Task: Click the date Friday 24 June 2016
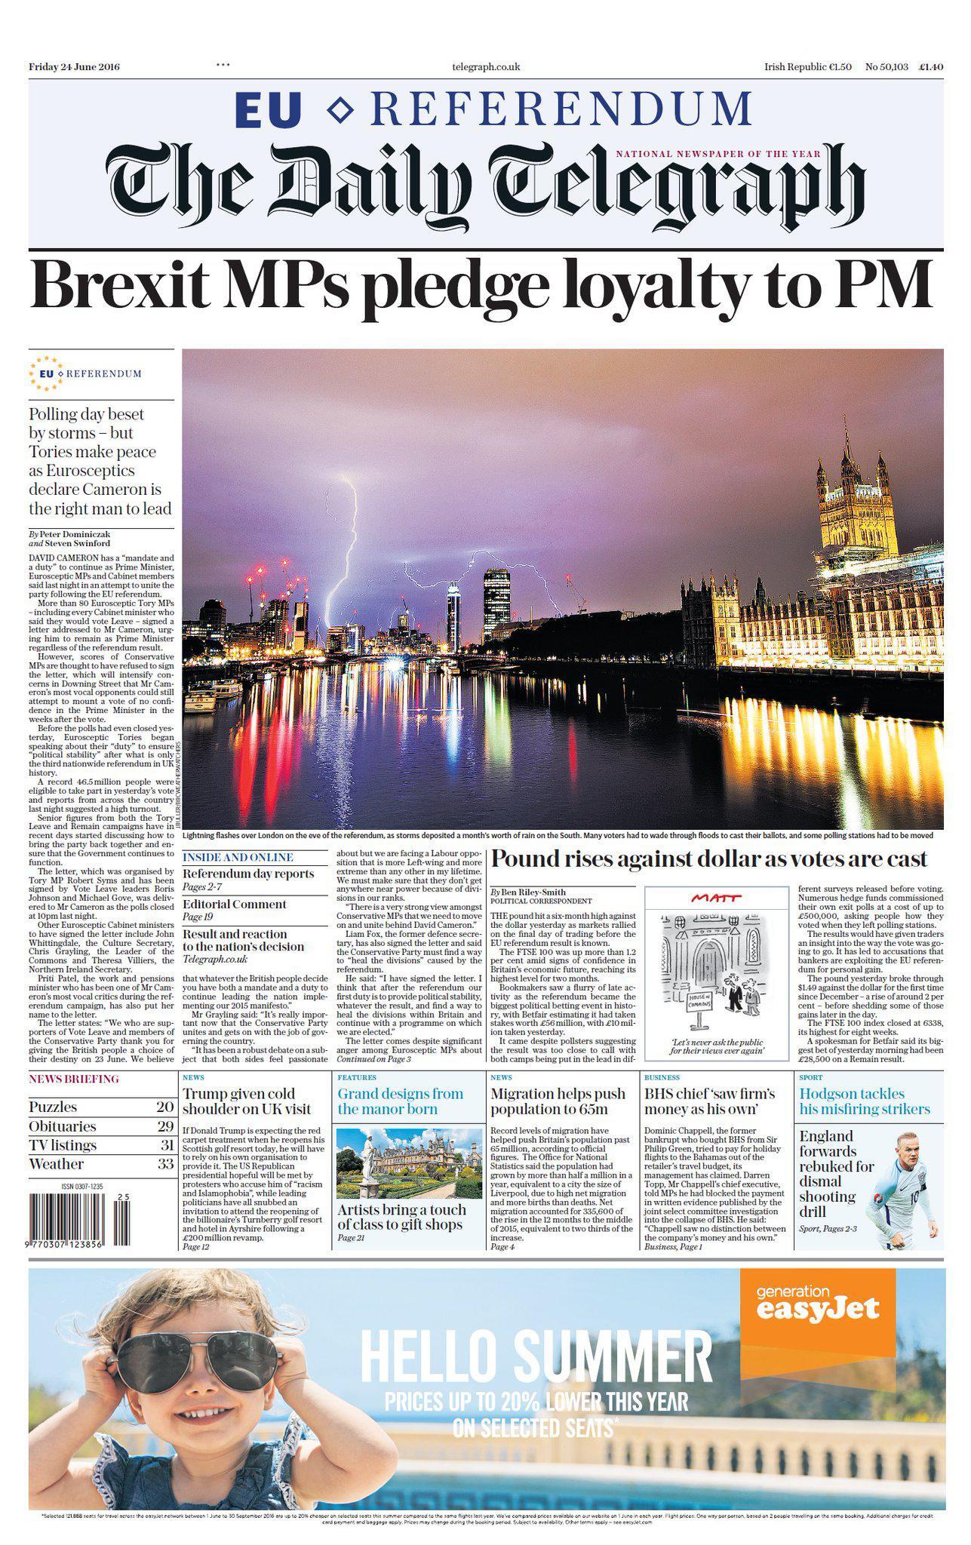point(74,66)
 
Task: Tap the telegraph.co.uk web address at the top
point(486,66)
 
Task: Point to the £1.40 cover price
point(931,66)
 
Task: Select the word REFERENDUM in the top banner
point(561,109)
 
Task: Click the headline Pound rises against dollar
point(709,859)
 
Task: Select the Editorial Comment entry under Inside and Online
point(235,904)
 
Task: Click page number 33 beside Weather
point(165,1164)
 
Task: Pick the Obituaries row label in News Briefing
point(63,1126)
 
